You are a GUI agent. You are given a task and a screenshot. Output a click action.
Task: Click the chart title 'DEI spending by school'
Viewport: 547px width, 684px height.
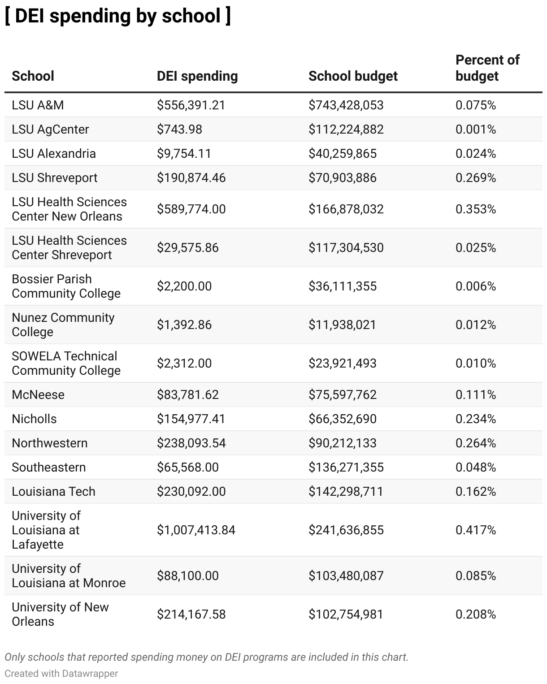coord(117,16)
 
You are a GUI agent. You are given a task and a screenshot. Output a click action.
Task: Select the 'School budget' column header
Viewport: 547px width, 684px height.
coord(353,76)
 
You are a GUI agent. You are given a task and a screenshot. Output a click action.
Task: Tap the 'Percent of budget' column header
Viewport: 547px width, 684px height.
coord(487,68)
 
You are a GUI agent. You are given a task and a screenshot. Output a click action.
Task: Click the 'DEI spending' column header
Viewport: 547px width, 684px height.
coord(197,76)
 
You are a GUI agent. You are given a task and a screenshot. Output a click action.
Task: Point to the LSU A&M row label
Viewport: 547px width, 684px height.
coord(38,105)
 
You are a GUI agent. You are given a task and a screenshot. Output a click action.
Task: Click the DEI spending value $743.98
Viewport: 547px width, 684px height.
coord(179,130)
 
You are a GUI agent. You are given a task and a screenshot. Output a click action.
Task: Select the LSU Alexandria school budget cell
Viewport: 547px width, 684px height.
coord(343,154)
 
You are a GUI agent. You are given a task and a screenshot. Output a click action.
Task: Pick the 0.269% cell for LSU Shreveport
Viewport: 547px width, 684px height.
coord(476,178)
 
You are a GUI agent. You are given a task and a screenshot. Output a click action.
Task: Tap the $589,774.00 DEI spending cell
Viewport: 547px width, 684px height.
coord(191,209)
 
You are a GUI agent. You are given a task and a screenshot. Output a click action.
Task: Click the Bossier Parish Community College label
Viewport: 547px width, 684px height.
coord(66,286)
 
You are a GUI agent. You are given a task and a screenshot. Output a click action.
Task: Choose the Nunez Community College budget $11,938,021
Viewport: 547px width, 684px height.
coord(342,325)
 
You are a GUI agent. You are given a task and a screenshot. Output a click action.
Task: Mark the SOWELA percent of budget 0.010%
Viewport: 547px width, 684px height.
coord(476,364)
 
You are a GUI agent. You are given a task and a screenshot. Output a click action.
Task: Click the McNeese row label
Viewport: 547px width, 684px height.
coord(38,395)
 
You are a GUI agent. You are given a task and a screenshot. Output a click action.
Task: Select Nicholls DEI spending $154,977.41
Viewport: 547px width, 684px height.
coord(191,419)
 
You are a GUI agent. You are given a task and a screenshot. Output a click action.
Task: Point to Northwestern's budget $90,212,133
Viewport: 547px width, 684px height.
coord(343,443)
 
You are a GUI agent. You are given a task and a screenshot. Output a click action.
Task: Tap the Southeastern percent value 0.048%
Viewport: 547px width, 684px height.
coord(476,468)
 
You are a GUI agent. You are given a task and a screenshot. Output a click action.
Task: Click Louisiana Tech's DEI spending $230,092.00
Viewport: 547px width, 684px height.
coord(191,492)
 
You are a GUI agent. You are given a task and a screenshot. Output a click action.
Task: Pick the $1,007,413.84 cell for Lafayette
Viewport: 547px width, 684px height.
coord(196,530)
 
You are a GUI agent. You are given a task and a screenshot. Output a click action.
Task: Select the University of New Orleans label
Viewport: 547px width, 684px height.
coord(60,614)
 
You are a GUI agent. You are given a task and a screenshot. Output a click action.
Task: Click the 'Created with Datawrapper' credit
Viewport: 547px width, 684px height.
coord(61,674)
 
